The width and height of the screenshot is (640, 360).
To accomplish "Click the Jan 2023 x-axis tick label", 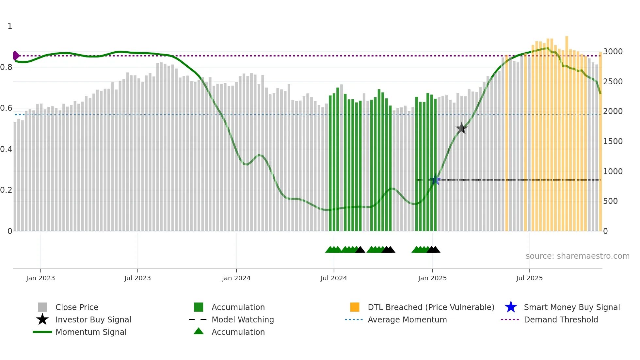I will coord(40,278).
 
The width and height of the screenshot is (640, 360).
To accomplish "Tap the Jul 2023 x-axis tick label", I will coord(137,278).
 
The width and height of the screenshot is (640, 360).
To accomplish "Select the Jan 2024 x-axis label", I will coord(236,278).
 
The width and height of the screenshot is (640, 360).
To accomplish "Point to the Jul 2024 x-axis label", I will coord(334,278).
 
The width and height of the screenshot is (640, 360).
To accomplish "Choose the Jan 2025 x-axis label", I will coord(432,278).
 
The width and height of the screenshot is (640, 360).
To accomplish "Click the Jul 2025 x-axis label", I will coord(529,278).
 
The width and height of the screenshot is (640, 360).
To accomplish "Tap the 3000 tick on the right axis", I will coord(613,52).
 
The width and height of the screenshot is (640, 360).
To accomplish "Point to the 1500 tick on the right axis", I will coord(613,141).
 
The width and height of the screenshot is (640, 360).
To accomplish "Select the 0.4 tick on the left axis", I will coord(6,149).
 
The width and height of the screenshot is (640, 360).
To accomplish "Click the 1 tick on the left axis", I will coord(10,26).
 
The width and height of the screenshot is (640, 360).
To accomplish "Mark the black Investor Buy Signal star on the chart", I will coord(461,128).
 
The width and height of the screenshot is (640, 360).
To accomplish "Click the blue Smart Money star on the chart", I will coord(435,180).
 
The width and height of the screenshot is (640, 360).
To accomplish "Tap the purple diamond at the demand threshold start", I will coord(16,56).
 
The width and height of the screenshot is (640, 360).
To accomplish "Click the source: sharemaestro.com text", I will coord(577,256).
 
